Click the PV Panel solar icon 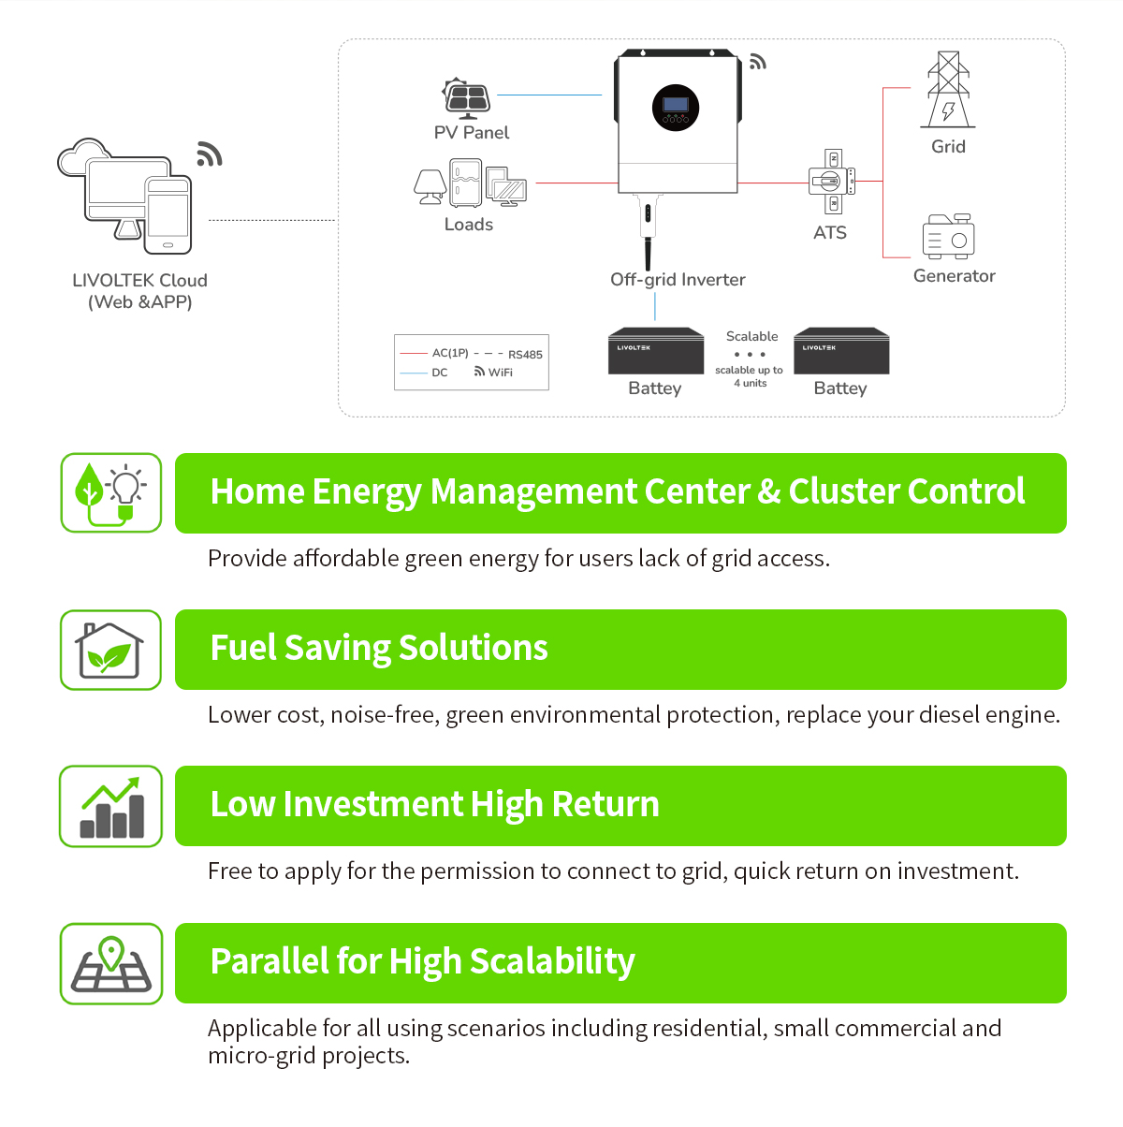467,98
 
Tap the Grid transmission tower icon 948,91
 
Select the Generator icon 948,236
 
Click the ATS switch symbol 831,181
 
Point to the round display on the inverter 676,108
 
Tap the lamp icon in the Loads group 430,185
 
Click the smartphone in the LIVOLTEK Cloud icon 168,215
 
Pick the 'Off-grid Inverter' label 678,280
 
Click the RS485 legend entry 525,355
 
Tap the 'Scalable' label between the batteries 751,336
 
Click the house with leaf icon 110,651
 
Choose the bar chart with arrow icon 111,807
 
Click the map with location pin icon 111,964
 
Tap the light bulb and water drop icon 111,493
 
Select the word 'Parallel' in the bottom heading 269,961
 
